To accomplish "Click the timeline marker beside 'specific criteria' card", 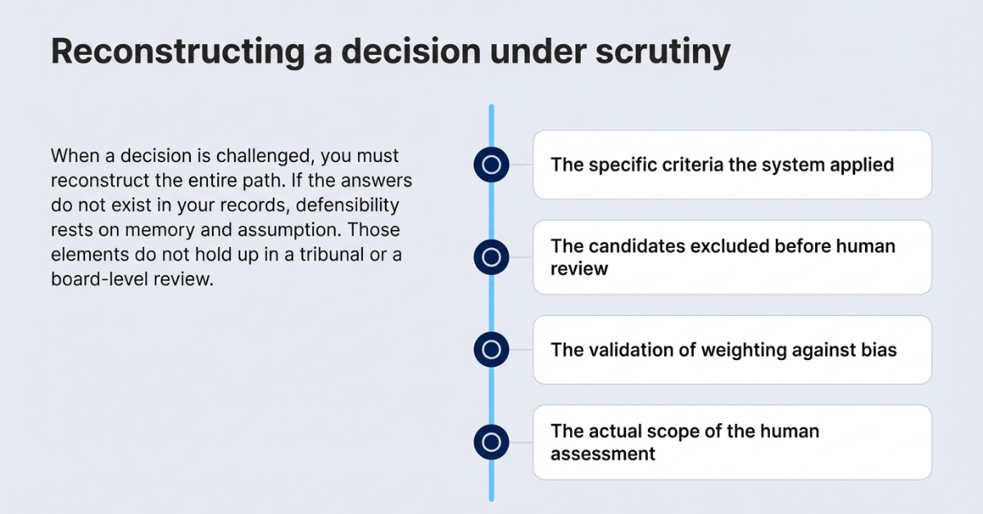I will coord(491,165).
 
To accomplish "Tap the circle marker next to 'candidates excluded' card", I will coord(491,257).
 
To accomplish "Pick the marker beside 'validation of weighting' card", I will coord(491,350).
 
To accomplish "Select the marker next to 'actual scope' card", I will coord(491,443).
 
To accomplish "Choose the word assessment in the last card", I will coord(603,453).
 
